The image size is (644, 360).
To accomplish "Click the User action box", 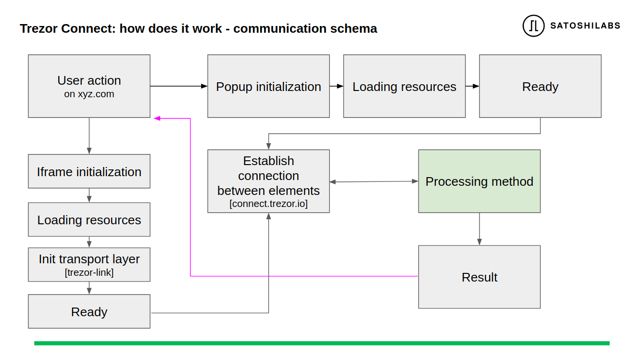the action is click(x=89, y=86).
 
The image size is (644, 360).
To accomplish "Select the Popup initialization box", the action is click(x=268, y=86).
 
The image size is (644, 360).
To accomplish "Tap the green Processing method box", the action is click(x=479, y=181).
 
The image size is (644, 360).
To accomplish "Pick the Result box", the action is click(x=479, y=277).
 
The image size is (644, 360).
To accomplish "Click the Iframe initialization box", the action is click(x=89, y=171).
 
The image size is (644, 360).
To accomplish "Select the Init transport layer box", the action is click(x=89, y=265).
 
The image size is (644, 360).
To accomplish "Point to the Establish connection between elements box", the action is click(x=268, y=181).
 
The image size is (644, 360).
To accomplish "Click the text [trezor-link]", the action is click(x=89, y=272).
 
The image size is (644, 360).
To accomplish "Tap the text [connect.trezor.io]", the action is click(x=268, y=204).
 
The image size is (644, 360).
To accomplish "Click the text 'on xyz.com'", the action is click(x=89, y=94).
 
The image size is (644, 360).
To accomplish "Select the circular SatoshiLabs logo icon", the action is click(x=533, y=26).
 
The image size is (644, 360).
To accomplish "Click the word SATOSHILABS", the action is click(x=585, y=26).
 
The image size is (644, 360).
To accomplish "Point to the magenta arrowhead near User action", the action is click(x=157, y=118).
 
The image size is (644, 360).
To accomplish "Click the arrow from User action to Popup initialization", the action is click(x=179, y=86).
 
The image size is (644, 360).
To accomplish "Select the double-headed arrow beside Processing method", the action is click(x=374, y=181).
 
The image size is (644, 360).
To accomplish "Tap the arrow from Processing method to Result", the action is click(x=479, y=229).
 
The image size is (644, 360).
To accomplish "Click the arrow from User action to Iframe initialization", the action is click(x=89, y=136).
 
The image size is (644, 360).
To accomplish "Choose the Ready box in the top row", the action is click(x=540, y=86).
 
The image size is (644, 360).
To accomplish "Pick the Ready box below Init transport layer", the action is click(x=89, y=311).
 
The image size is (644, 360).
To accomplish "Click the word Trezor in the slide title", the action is click(x=38, y=28).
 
